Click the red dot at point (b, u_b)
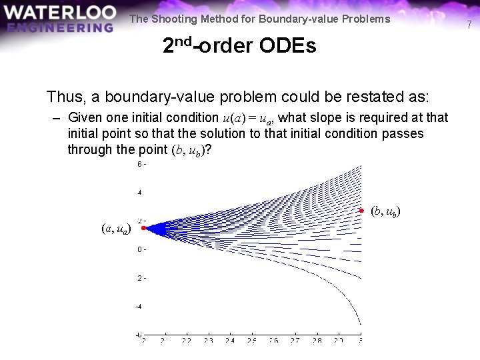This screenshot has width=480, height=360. [x=361, y=211]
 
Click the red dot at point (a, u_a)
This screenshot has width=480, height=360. [x=143, y=228]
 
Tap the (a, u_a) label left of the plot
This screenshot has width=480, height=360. [x=116, y=229]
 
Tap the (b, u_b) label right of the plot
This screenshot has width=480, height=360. [x=385, y=212]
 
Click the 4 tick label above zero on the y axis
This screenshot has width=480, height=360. [x=139, y=193]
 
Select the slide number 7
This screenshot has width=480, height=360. [x=469, y=25]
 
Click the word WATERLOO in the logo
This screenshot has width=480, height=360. [x=59, y=13]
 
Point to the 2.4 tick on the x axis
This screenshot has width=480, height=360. [x=230, y=341]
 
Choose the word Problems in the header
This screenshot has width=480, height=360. [x=366, y=19]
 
